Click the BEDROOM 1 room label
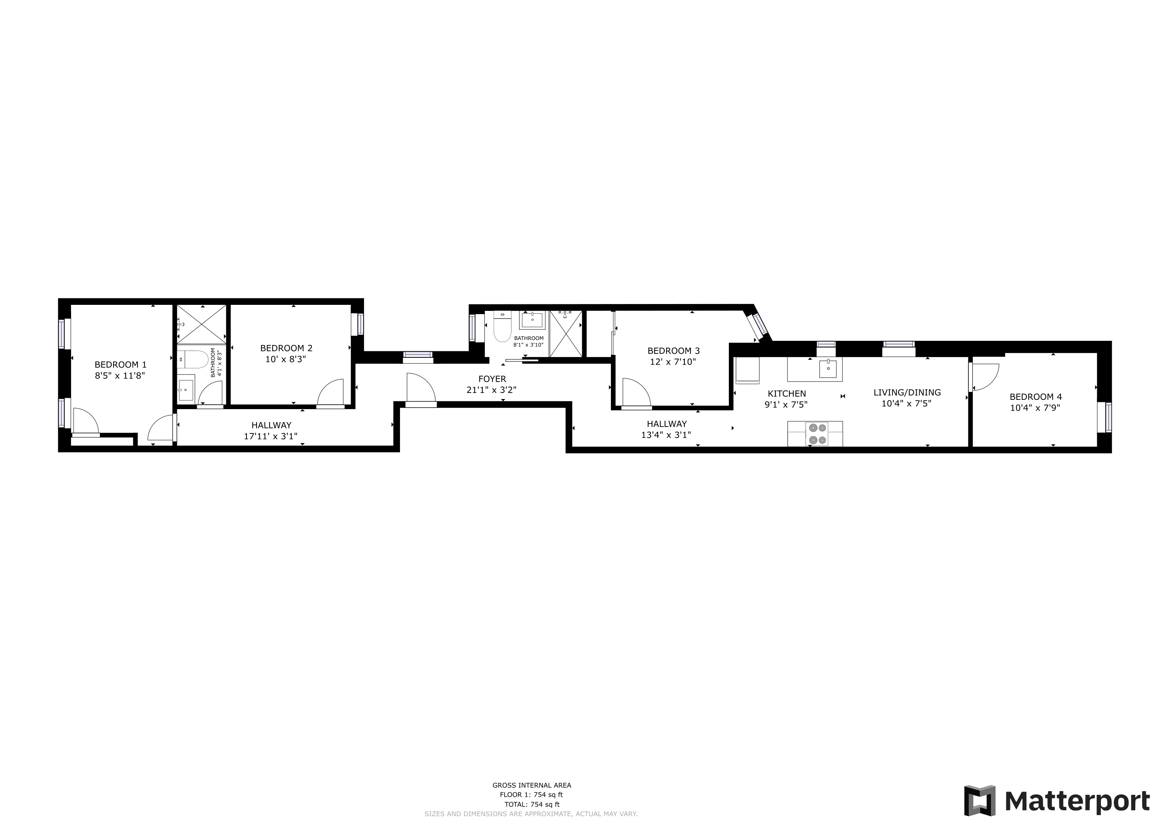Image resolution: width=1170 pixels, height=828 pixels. pyautogui.click(x=120, y=365)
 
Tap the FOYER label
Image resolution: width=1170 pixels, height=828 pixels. pyautogui.click(x=492, y=379)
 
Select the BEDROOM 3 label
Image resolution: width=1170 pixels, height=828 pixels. pyautogui.click(x=673, y=351)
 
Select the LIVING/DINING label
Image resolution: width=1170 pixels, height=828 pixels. pyautogui.click(x=907, y=392)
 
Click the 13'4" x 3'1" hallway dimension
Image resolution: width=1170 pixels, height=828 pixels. pyautogui.click(x=666, y=435)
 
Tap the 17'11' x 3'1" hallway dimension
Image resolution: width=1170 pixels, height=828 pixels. pyautogui.click(x=271, y=436)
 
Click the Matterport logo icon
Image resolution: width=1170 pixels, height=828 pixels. pyautogui.click(x=979, y=801)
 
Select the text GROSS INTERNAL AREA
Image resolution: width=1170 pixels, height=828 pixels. pyautogui.click(x=532, y=785)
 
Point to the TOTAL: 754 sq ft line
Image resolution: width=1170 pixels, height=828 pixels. pyautogui.click(x=532, y=805)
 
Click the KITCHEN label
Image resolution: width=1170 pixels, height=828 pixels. pyautogui.click(x=787, y=394)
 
